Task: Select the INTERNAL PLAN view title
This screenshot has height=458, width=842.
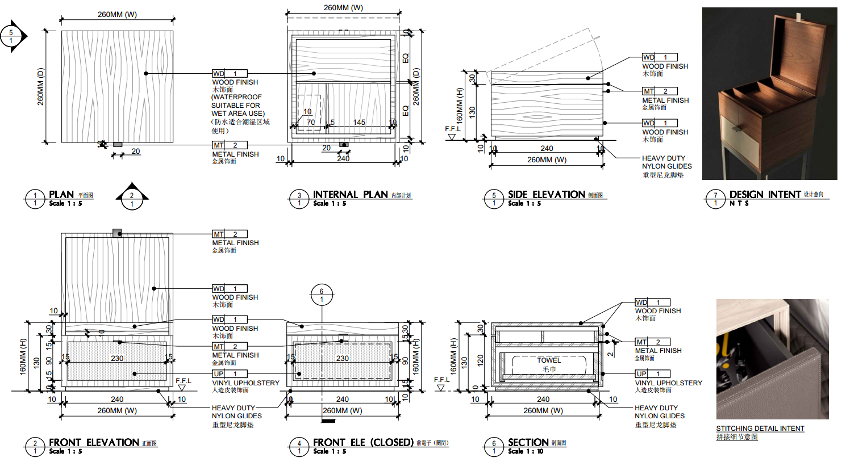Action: (350, 195)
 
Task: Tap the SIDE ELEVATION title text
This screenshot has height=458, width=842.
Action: (546, 195)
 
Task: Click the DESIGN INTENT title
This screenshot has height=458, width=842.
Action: (765, 195)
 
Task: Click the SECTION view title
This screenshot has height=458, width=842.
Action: (528, 442)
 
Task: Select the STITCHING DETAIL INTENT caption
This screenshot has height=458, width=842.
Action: (760, 428)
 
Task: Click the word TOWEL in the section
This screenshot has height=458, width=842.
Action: (549, 360)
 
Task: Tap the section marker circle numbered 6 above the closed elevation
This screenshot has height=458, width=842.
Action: (322, 294)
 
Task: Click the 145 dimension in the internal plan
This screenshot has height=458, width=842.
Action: (359, 123)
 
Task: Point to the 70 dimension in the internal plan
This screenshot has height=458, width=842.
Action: (311, 123)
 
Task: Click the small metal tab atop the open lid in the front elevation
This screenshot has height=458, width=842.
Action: (117, 233)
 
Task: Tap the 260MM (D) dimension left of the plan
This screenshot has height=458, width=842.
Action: (40, 86)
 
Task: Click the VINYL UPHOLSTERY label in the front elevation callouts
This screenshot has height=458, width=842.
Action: (245, 383)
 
